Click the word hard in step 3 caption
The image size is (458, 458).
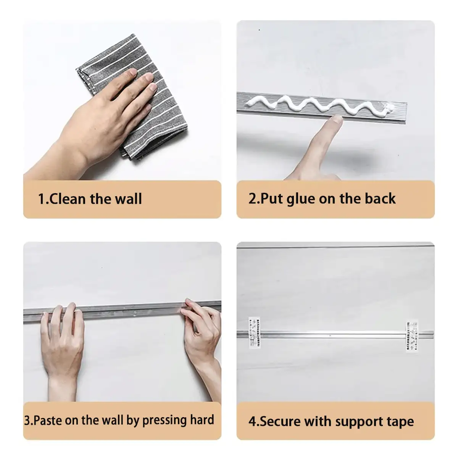(x=202, y=420)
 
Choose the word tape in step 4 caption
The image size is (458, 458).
(x=400, y=422)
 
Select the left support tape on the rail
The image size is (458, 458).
(x=254, y=332)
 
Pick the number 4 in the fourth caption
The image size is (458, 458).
(x=253, y=421)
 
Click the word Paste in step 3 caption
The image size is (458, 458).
(x=48, y=420)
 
